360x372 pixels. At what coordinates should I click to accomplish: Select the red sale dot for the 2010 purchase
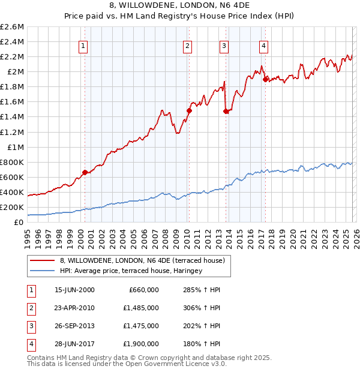point(189,110)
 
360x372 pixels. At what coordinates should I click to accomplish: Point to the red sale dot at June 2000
point(85,172)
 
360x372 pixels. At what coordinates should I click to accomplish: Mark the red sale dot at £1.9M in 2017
point(265,79)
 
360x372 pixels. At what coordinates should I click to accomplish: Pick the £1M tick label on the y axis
point(16,147)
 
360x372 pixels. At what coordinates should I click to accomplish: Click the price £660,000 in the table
point(144,290)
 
